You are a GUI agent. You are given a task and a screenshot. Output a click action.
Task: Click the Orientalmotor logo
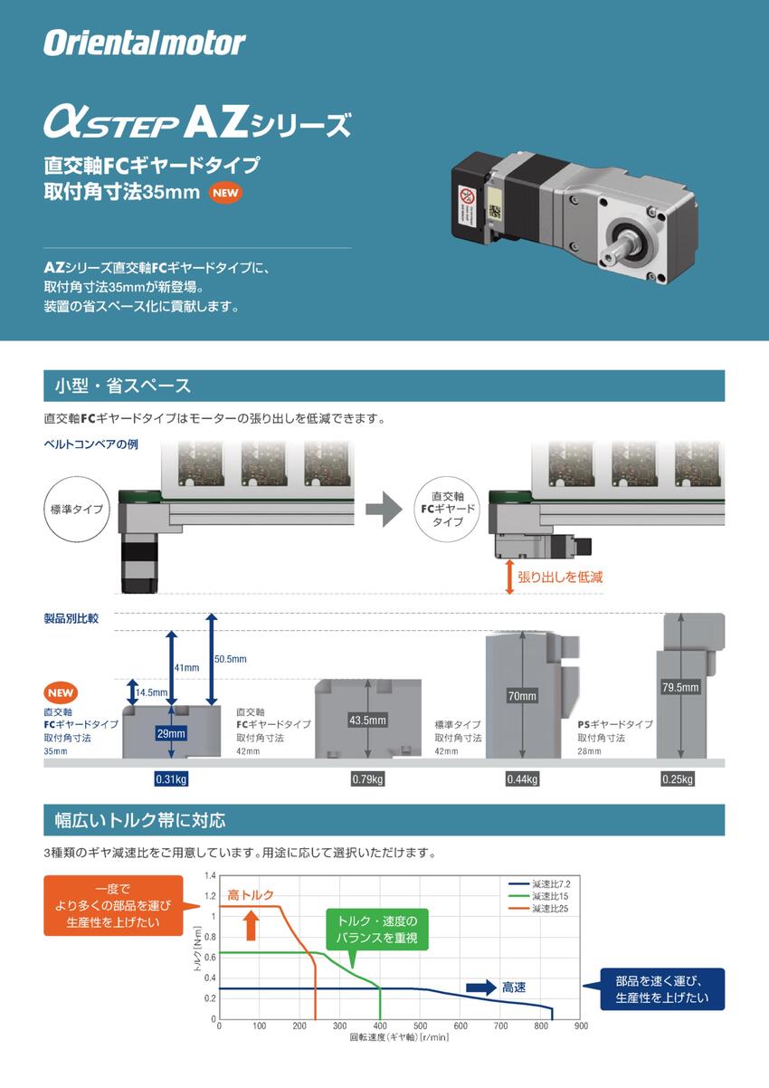tap(145, 43)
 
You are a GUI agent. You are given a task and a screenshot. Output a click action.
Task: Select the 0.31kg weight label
tap(171, 779)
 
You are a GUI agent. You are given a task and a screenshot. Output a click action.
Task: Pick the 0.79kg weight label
tap(367, 779)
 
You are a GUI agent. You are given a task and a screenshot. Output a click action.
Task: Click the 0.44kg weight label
tap(523, 779)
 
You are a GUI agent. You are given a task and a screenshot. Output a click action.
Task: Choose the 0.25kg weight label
tap(678, 779)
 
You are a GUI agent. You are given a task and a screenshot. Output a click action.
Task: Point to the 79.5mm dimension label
tap(680, 687)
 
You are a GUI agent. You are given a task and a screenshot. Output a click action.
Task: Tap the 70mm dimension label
tap(522, 696)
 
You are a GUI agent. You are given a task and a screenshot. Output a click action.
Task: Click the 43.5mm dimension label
tap(367, 721)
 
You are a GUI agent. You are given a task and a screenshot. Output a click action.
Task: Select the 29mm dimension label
tap(171, 732)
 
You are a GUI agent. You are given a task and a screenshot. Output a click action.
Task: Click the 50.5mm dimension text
tap(230, 659)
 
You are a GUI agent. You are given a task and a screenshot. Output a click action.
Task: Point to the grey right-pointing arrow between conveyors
tap(384, 509)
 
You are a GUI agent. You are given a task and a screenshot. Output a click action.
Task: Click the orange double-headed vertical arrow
tap(509, 577)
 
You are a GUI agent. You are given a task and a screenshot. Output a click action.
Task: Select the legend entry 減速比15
tap(548, 895)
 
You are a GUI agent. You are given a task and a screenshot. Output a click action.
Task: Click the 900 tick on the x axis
tap(581, 1026)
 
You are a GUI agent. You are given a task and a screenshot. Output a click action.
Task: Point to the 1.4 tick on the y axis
tap(211, 875)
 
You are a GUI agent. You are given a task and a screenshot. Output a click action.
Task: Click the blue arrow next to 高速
tap(480, 988)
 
